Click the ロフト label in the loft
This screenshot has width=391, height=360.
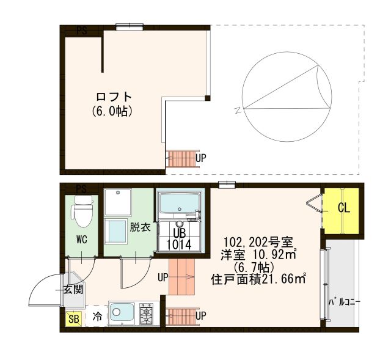(x=114, y=97)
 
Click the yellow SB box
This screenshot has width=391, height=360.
(x=73, y=318)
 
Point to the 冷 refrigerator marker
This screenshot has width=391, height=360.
(x=97, y=317)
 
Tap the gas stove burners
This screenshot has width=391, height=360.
(x=147, y=314)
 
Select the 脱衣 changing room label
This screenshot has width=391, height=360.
(x=139, y=227)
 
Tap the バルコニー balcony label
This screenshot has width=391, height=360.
(x=345, y=303)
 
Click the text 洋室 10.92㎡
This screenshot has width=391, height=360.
(x=258, y=254)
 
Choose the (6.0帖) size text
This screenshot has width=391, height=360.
(x=113, y=112)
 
